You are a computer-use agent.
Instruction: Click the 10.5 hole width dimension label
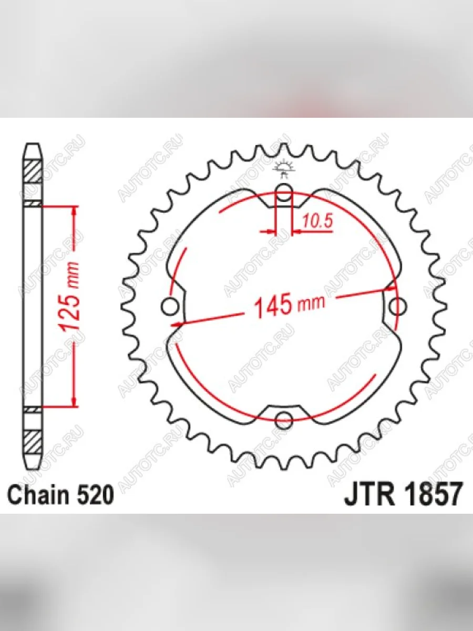click(317, 221)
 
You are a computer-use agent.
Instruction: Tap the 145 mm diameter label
click(290, 304)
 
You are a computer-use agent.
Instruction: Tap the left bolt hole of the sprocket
click(170, 307)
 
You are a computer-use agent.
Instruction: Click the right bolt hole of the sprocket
click(398, 307)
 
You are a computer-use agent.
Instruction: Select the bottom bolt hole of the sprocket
click(284, 420)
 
